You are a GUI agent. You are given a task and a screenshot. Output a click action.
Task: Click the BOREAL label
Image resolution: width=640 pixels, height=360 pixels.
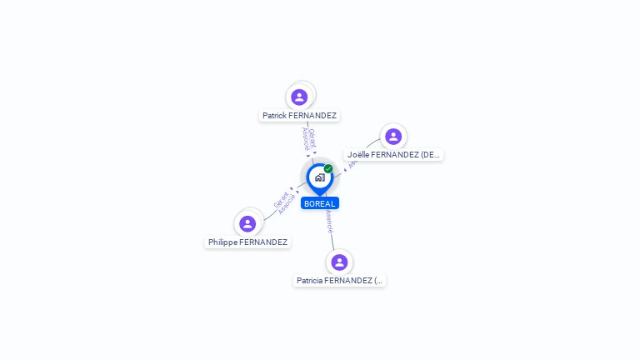tap(320, 203)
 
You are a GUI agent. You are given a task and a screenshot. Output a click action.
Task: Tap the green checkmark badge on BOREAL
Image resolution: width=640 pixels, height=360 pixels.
tap(328, 169)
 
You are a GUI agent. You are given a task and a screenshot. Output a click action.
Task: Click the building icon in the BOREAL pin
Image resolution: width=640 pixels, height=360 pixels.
tap(319, 177)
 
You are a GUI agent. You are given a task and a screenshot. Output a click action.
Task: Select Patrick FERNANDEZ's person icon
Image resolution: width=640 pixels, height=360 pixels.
tap(299, 97)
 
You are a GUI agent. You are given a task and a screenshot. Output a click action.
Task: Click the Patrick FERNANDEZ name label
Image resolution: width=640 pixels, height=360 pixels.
tap(299, 116)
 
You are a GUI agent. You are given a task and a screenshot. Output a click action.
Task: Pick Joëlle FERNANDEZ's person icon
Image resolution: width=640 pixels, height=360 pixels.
tap(393, 136)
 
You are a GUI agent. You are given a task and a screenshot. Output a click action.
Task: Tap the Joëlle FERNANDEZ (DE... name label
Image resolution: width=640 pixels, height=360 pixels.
tap(393, 155)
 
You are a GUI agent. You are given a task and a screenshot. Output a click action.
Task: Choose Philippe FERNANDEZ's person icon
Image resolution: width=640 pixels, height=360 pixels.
tap(247, 223)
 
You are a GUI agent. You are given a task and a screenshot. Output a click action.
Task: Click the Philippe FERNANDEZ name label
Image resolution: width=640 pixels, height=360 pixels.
tap(247, 242)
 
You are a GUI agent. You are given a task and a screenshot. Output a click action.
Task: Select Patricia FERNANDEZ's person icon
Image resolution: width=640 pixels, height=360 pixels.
tap(339, 262)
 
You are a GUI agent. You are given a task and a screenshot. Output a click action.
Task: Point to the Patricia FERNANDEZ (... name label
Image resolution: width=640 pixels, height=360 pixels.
tap(339, 281)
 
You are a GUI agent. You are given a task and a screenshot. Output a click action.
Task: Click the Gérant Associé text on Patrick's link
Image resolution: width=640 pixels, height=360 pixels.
tap(308, 138)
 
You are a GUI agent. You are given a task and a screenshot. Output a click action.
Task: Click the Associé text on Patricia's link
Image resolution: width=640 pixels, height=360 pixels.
tap(329, 221)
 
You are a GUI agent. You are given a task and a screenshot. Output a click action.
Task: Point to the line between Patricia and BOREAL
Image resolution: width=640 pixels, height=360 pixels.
tap(332, 237)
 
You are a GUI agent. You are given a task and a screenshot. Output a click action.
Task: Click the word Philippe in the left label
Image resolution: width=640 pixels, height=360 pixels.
tap(222, 242)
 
